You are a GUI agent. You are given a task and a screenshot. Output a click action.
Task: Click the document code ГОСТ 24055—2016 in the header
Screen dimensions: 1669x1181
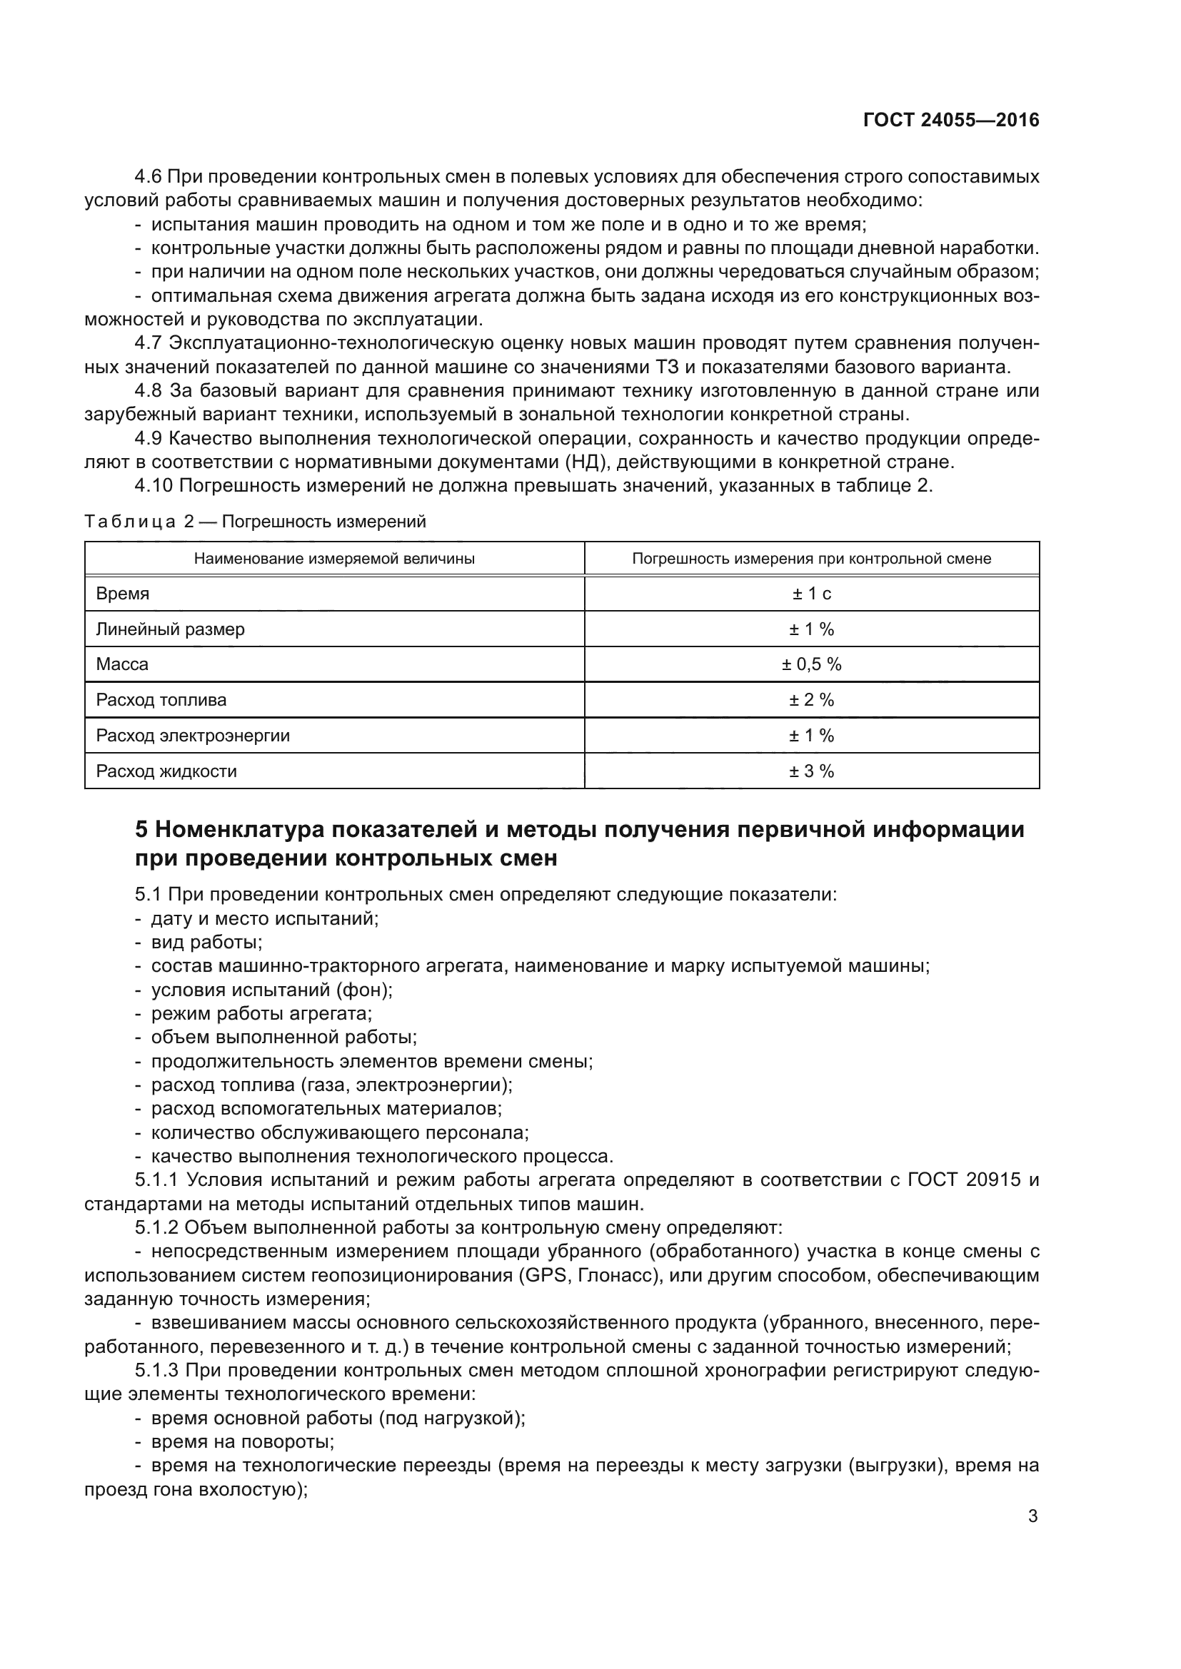point(950,121)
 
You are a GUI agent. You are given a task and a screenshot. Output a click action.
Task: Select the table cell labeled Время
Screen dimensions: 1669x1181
point(123,594)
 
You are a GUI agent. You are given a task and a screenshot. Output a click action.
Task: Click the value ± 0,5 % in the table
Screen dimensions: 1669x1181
point(812,664)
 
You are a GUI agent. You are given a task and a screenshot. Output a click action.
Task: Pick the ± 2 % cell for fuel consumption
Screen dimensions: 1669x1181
point(812,700)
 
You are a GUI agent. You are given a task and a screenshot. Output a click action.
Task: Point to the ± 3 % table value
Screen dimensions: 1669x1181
point(812,771)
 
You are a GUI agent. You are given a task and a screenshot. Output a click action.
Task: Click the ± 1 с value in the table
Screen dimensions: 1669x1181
point(812,594)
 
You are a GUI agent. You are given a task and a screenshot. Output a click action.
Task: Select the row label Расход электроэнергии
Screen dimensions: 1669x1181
point(193,736)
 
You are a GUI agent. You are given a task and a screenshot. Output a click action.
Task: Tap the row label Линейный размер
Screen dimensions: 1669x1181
point(170,629)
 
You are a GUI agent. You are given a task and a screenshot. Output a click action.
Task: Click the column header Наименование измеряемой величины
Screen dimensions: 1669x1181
point(334,559)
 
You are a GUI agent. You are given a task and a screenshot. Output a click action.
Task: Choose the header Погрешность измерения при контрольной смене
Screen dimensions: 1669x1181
point(812,559)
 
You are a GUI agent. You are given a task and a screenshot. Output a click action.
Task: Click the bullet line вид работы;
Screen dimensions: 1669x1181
point(206,943)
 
